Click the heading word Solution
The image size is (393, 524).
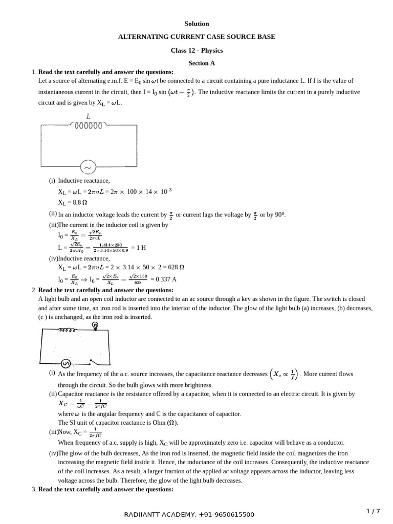tap(196, 24)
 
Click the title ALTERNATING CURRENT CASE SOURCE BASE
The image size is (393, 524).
tap(196, 37)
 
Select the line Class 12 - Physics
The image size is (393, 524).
tap(196, 50)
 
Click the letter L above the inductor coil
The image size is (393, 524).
tap(88, 117)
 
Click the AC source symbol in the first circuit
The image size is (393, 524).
tap(88, 167)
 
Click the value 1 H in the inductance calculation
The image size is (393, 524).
tap(139, 248)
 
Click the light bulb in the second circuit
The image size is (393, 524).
tap(95, 326)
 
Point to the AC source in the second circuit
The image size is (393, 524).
tap(66, 363)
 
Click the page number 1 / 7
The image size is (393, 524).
tap(374, 511)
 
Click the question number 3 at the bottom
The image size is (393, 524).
tap(33, 489)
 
